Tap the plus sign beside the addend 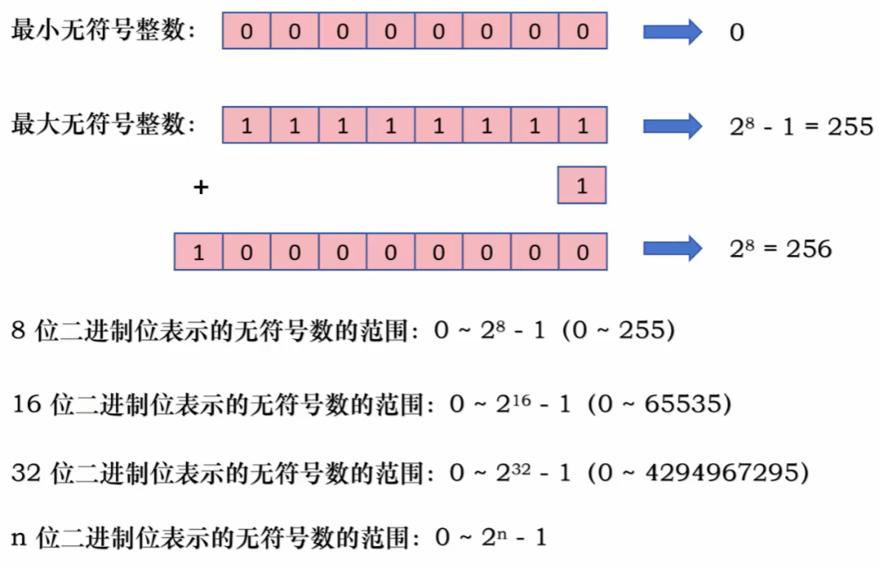point(201,188)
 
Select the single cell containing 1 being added point(582,186)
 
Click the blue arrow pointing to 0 point(672,33)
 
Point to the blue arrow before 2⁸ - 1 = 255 point(672,126)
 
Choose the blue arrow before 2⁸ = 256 point(672,249)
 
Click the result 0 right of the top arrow point(737,34)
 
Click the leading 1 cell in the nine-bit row point(198,252)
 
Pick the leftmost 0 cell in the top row point(247,33)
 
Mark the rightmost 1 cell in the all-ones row point(583,127)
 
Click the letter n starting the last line point(18,540)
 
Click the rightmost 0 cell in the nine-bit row point(583,252)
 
